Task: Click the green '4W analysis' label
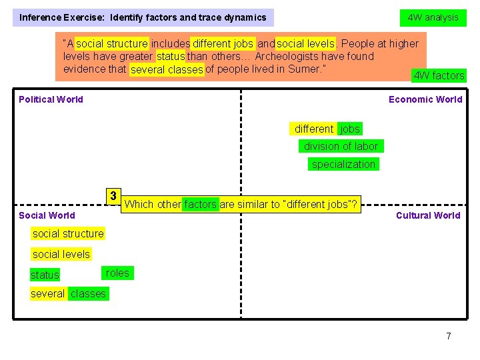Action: (x=433, y=17)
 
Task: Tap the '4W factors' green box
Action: (x=439, y=75)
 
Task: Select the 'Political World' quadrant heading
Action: (x=51, y=99)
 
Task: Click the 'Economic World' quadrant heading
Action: (x=425, y=99)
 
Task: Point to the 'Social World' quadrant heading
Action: (x=47, y=215)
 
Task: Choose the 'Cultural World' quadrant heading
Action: (x=428, y=215)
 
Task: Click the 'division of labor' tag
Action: (x=341, y=147)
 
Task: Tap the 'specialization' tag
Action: (x=343, y=165)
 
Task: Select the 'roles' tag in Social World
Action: (x=117, y=273)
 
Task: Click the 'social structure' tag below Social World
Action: (x=68, y=234)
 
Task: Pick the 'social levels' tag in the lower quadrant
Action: (x=61, y=254)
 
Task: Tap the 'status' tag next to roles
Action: (x=45, y=275)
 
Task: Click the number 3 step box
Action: (x=114, y=196)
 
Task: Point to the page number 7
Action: (x=449, y=336)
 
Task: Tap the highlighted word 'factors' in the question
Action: (x=200, y=205)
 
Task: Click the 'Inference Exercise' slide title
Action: (x=143, y=17)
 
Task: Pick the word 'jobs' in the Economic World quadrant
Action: (x=349, y=129)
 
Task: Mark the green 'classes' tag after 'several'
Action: (x=88, y=294)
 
